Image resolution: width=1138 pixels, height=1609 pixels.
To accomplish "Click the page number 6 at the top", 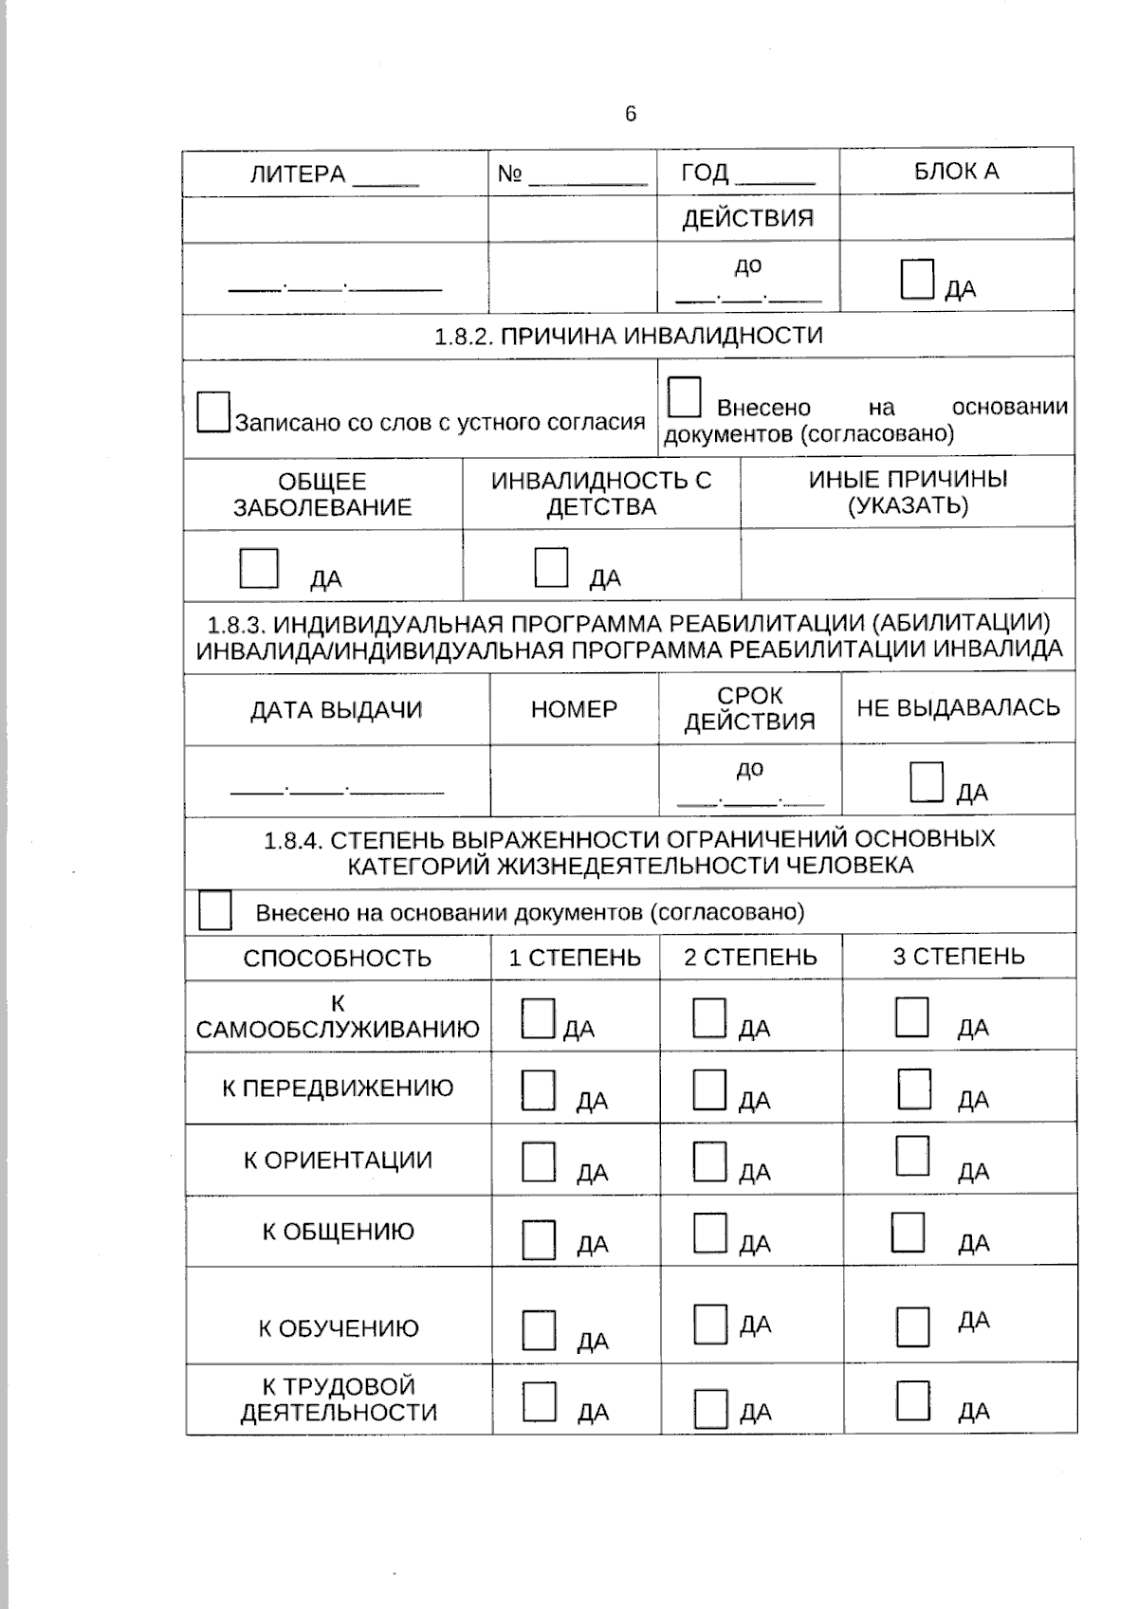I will tap(631, 115).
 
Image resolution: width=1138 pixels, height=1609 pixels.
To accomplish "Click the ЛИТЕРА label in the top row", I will tap(298, 174).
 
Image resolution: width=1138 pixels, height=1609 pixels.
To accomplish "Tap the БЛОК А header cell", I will tap(956, 172).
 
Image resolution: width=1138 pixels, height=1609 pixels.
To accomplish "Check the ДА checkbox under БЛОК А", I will tap(917, 280).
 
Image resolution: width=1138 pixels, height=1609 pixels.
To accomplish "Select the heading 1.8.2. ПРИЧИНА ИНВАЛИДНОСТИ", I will tap(628, 336).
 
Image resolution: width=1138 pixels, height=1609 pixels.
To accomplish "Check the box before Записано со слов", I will tap(213, 412).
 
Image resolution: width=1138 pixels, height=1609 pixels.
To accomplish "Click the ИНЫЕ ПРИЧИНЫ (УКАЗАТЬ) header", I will tap(908, 492).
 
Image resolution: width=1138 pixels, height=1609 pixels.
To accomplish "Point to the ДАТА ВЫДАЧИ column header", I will tap(336, 710).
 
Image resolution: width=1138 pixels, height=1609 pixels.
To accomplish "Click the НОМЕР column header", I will tap(574, 709).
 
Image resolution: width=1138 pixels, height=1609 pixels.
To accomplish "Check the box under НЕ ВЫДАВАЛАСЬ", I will tap(927, 782).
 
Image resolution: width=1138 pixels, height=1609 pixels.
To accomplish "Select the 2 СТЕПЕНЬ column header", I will tap(750, 957).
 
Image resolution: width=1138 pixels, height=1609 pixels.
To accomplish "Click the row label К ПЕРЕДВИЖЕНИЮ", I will tap(338, 1088).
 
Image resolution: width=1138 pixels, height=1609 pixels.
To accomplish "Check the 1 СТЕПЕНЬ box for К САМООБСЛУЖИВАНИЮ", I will tap(538, 1018).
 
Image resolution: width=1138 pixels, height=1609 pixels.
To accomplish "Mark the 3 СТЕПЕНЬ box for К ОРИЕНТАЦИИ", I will tap(912, 1156).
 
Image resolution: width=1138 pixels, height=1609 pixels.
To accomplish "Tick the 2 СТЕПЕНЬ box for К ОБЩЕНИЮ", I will tap(709, 1234).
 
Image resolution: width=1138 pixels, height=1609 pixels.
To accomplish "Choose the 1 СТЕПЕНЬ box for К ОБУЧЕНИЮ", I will tap(539, 1329).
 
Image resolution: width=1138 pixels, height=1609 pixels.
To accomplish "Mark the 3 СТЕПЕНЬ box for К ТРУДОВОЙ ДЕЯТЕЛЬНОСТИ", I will tap(912, 1400).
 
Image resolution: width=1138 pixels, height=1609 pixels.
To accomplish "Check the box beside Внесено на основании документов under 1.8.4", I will tap(215, 911).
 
